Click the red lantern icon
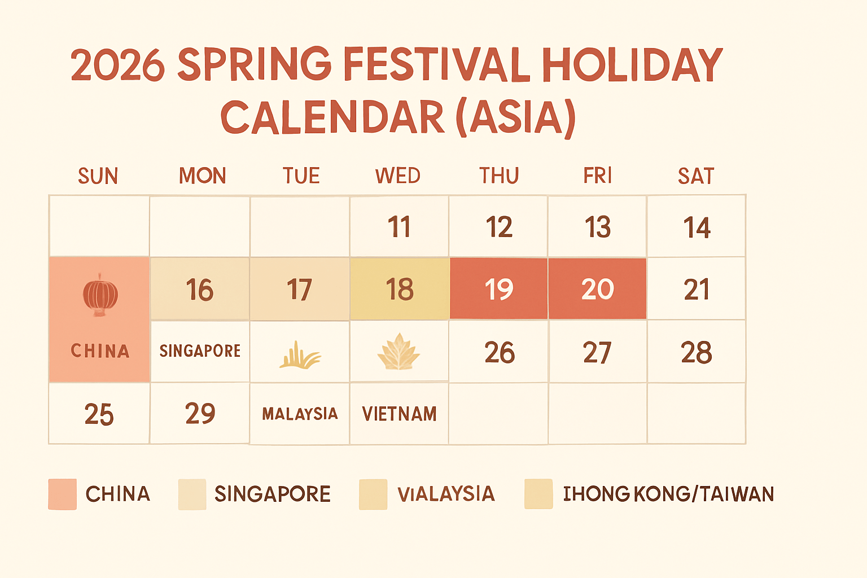coord(100,295)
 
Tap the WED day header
coord(398,176)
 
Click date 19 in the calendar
coord(499,289)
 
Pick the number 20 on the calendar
coord(598,289)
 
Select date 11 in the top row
coord(399,227)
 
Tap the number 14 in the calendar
coord(697,227)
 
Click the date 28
coord(697,353)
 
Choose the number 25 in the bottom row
coord(99,415)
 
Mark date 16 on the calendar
coord(200,290)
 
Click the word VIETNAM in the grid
coord(400,414)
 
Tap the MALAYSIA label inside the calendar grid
coord(300,414)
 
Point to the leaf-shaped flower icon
coord(399,352)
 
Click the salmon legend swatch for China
coord(63,494)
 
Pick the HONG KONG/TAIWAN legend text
coord(669,494)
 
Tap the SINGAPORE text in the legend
coord(273,494)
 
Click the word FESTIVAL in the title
coord(436,64)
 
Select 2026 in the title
coord(118,65)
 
